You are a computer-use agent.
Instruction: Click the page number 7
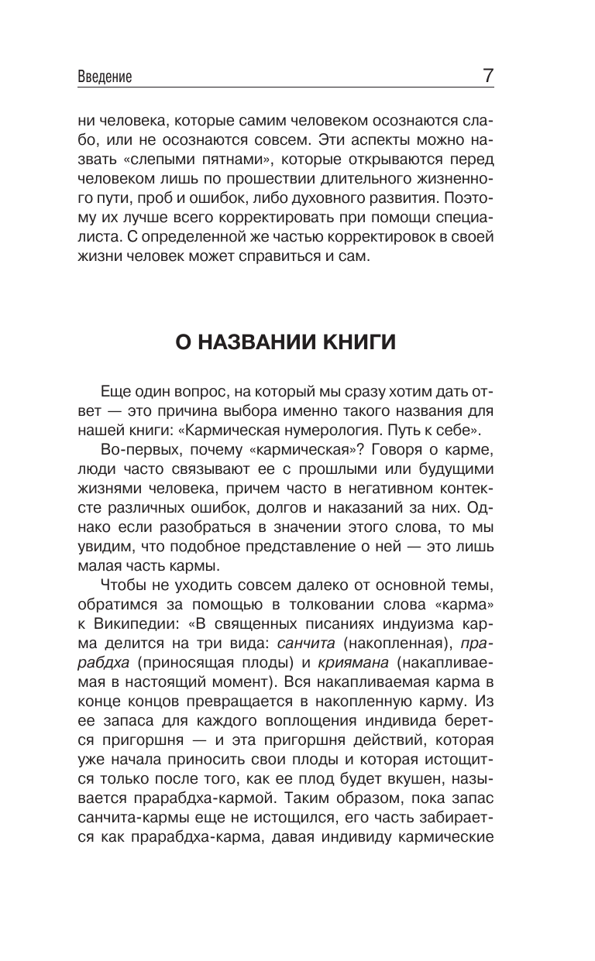pos(488,76)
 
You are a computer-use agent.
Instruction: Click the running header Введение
pos(105,77)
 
